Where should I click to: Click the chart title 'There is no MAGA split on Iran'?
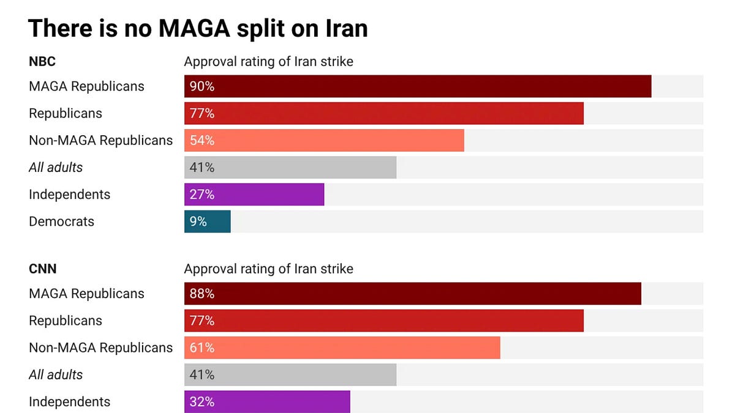tap(198, 28)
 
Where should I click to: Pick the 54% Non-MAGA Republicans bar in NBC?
tap(324, 140)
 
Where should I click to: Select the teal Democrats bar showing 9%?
tap(207, 221)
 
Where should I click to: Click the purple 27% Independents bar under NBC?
tap(254, 195)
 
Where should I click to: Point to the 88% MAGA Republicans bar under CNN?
tap(412, 294)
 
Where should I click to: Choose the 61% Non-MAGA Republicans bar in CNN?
tap(342, 348)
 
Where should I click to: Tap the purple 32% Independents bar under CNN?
tap(267, 402)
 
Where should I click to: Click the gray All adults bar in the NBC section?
tap(290, 168)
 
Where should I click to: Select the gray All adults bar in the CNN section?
tap(290, 374)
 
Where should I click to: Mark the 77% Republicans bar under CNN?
tap(383, 321)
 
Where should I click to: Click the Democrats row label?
tap(61, 221)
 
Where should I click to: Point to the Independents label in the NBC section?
tap(69, 195)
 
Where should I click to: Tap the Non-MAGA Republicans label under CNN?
tap(100, 348)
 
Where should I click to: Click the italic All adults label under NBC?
tap(56, 168)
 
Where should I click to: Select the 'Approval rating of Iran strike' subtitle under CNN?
tap(268, 269)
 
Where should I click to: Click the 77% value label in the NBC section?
tap(202, 114)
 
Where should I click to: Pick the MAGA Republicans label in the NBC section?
tap(86, 86)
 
